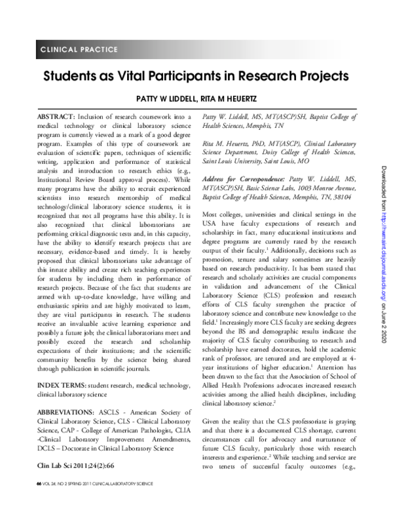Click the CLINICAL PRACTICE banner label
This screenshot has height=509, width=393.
[x=79, y=50]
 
